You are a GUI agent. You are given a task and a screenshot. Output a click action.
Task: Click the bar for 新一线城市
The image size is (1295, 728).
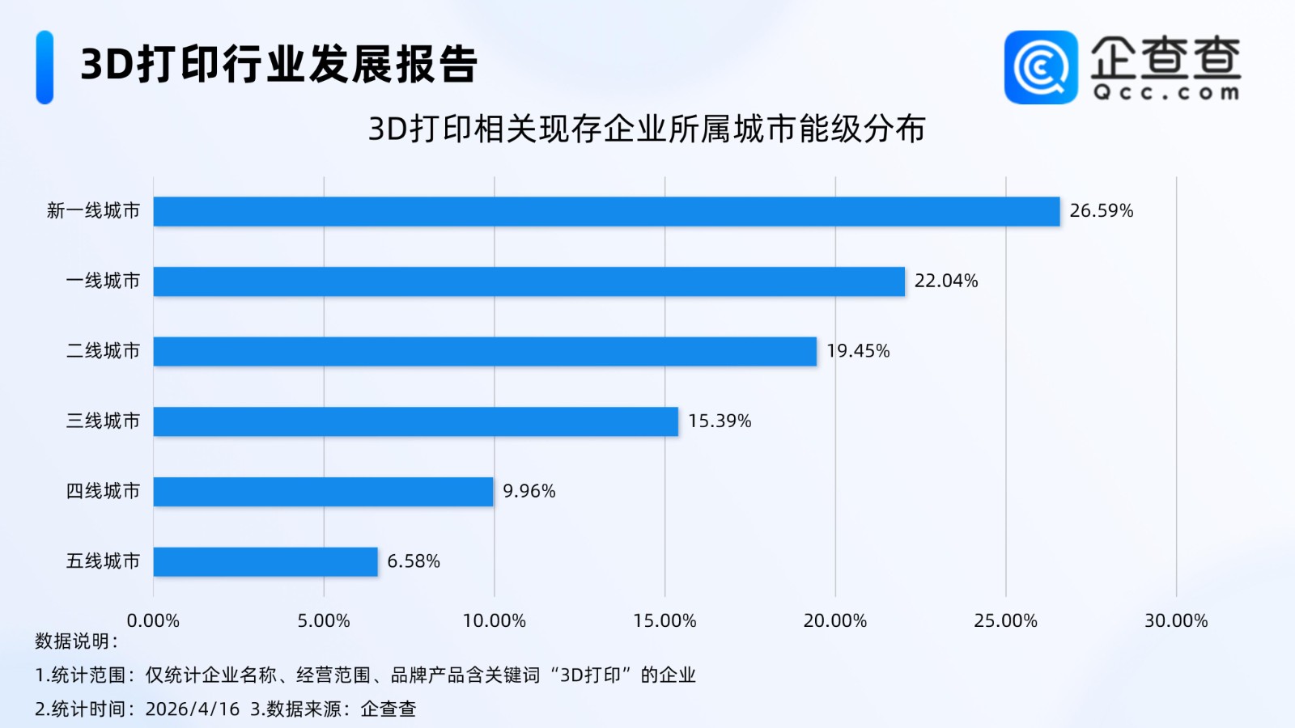coord(606,211)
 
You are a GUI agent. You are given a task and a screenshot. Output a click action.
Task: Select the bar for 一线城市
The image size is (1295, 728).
coord(529,281)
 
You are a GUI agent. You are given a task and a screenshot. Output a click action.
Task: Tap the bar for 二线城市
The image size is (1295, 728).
coord(485,351)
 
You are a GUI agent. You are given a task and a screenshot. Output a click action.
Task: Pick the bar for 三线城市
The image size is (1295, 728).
coord(415,421)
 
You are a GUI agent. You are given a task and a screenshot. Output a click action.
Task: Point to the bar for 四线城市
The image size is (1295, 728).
coord(323,492)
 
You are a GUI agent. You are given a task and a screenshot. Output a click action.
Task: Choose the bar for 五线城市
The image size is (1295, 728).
coord(265,561)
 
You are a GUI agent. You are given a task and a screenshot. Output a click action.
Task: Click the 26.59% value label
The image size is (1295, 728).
coord(1101,211)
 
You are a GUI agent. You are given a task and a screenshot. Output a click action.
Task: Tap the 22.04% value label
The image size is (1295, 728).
coord(945,281)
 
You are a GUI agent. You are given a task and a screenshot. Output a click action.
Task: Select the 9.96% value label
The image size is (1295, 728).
coord(529,491)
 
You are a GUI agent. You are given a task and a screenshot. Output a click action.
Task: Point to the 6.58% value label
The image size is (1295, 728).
coord(413,561)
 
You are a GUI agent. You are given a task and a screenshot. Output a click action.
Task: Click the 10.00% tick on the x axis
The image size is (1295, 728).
coord(494,620)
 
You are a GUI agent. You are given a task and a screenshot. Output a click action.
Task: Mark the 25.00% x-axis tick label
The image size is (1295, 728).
coord(1005,620)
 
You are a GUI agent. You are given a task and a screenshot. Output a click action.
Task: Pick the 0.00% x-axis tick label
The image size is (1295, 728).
coord(153,620)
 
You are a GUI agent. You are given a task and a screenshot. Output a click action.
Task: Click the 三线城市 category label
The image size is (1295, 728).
coord(103,421)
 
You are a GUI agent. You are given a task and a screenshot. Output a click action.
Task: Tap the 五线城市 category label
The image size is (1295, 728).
coord(103,561)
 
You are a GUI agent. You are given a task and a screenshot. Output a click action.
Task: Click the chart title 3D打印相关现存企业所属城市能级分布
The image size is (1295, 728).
coord(647,129)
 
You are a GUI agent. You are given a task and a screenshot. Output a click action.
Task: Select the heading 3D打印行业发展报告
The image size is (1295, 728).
coord(279,65)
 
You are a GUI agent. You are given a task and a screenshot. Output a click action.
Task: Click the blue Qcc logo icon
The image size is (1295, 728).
coord(1040,67)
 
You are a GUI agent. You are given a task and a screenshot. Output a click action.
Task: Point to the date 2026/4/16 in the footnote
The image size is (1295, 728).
coord(193,709)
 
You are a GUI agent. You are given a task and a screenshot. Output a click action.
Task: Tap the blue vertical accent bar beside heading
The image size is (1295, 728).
coord(45,67)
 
